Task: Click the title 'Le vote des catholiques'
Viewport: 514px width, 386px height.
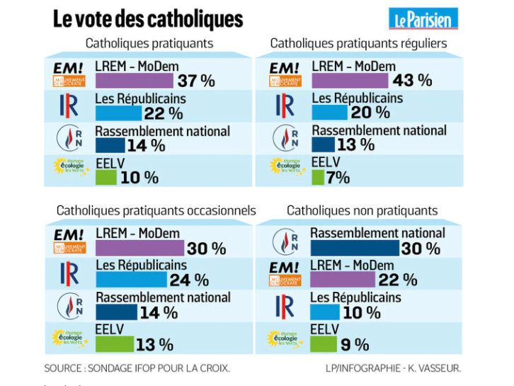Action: (148, 19)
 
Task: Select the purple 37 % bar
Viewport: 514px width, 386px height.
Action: (134, 80)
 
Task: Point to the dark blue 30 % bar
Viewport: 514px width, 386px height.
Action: (355, 248)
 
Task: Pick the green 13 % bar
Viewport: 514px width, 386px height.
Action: (114, 344)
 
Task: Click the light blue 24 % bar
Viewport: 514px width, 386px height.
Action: (131, 280)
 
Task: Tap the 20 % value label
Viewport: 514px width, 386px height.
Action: (371, 113)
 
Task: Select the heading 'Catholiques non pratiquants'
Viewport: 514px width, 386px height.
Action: (362, 210)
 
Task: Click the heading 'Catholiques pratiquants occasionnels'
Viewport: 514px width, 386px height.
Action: (156, 210)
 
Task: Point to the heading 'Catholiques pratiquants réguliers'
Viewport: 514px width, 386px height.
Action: (358, 43)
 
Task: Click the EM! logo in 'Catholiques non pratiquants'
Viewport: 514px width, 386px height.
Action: (285, 274)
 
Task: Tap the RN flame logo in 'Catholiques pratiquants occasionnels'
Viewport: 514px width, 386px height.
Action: (69, 306)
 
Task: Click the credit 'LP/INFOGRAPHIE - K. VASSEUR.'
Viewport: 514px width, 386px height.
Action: (394, 368)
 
